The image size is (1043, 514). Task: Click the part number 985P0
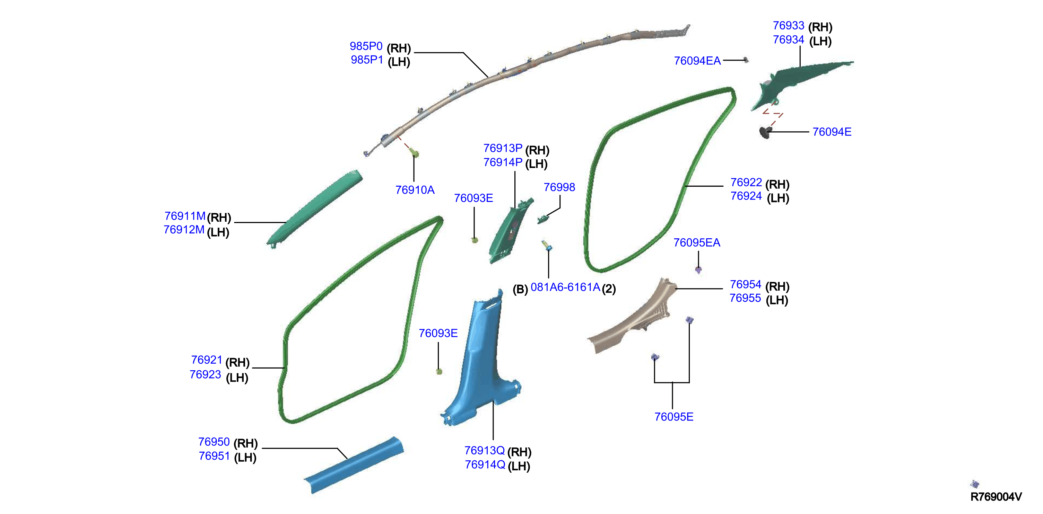[x=366, y=46]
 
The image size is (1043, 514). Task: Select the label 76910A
[x=415, y=190]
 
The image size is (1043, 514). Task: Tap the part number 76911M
[x=185, y=216]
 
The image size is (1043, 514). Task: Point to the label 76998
[x=559, y=187]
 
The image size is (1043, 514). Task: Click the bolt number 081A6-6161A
[x=565, y=287]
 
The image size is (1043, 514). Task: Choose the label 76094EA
[x=697, y=61]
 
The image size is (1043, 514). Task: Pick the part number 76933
[x=788, y=26]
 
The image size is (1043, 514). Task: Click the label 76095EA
[x=697, y=243]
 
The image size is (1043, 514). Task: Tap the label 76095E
[x=674, y=417]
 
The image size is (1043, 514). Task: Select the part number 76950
[x=214, y=442]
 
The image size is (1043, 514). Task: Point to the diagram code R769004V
[x=996, y=497]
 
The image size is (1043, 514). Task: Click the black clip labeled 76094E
[x=765, y=132]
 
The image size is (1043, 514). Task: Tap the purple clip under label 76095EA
[x=698, y=270]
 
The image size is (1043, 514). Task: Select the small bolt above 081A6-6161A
[x=547, y=245]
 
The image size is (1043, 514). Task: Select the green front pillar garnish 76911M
[x=314, y=209]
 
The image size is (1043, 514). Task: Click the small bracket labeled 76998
[x=542, y=219]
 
